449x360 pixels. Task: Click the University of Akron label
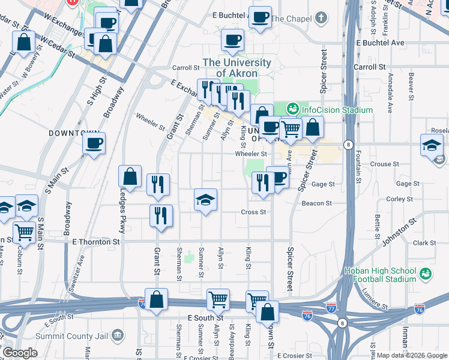(x=237, y=68)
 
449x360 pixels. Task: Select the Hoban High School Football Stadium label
(x=380, y=275)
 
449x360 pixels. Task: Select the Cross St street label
(x=253, y=212)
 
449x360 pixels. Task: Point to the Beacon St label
(x=316, y=204)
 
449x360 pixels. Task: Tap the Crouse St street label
(x=381, y=164)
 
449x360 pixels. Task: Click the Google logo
(x=20, y=353)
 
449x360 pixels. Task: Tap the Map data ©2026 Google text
(x=412, y=355)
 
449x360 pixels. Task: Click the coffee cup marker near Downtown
(x=94, y=143)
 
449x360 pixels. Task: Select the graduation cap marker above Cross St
(x=205, y=200)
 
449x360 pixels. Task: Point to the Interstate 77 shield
(x=331, y=308)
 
